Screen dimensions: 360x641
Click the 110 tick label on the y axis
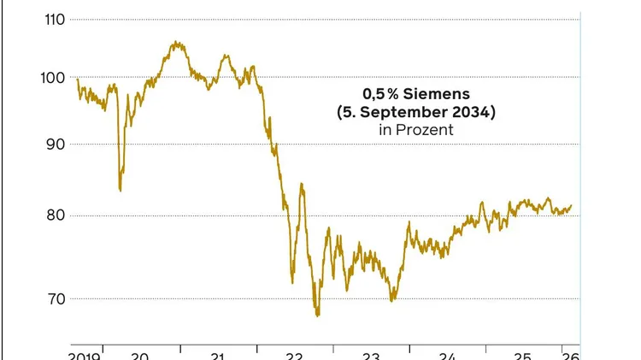point(54,18)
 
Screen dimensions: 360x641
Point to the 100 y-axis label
point(54,78)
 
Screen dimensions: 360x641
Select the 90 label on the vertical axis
point(56,145)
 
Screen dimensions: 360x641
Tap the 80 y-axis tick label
point(56,215)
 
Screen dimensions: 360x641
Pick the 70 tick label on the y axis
point(56,299)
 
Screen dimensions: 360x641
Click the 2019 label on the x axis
point(84,356)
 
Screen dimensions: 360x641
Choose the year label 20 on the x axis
point(141,356)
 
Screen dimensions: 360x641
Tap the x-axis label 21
point(217,356)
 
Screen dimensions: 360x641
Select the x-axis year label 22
point(294,356)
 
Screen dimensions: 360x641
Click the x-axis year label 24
point(447,356)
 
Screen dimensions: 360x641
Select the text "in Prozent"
point(415,130)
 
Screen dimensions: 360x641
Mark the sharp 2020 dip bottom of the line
point(120,190)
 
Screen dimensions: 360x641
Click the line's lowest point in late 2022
point(317,316)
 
